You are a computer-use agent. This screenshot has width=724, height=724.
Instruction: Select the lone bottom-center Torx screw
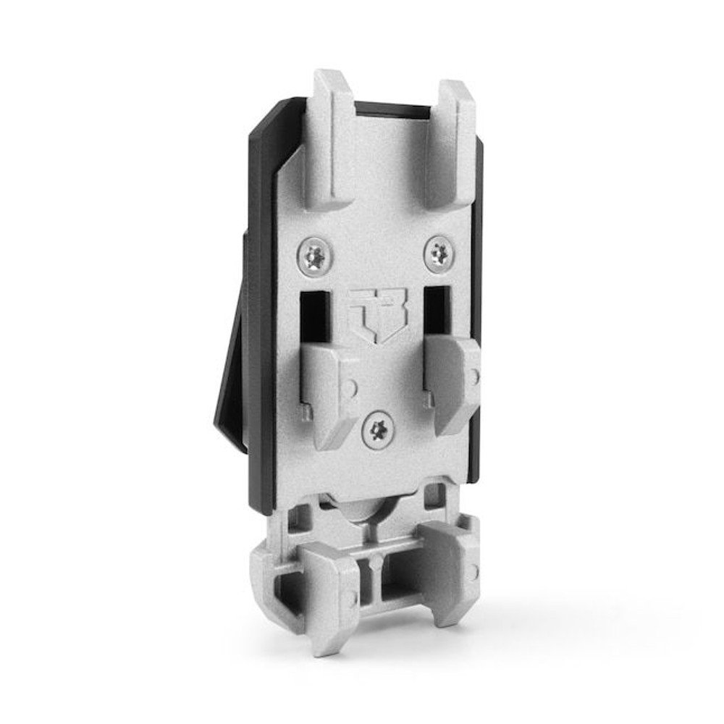(378, 432)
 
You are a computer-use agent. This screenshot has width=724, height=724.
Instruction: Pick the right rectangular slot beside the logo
(437, 310)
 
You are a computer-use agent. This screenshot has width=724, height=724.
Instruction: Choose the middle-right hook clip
(453, 382)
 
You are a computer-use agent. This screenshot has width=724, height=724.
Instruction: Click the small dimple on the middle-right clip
(474, 377)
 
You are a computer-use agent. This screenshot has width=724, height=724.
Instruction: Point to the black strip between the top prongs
(391, 111)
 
